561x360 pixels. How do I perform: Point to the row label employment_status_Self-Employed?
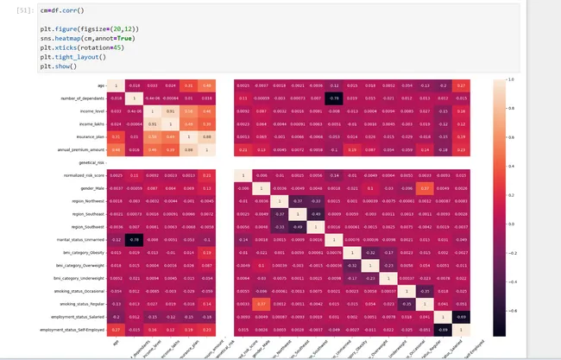pos(74,329)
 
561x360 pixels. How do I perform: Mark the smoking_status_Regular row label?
pos(82,304)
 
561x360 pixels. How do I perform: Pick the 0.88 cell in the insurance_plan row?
pos(206,137)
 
